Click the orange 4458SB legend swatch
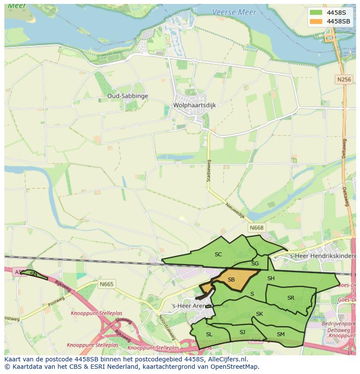(316, 21)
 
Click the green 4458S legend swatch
(316, 13)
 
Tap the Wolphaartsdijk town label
(194, 105)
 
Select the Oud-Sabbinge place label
(128, 96)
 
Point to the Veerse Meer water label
(234, 12)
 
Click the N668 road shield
(257, 228)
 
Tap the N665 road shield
(106, 284)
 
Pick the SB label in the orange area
(231, 279)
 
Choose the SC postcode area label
(218, 255)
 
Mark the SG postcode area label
(255, 263)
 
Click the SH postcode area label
(271, 278)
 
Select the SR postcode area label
(291, 298)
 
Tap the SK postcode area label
(260, 314)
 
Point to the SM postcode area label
(280, 334)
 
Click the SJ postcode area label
(242, 332)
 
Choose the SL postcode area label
(209, 334)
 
